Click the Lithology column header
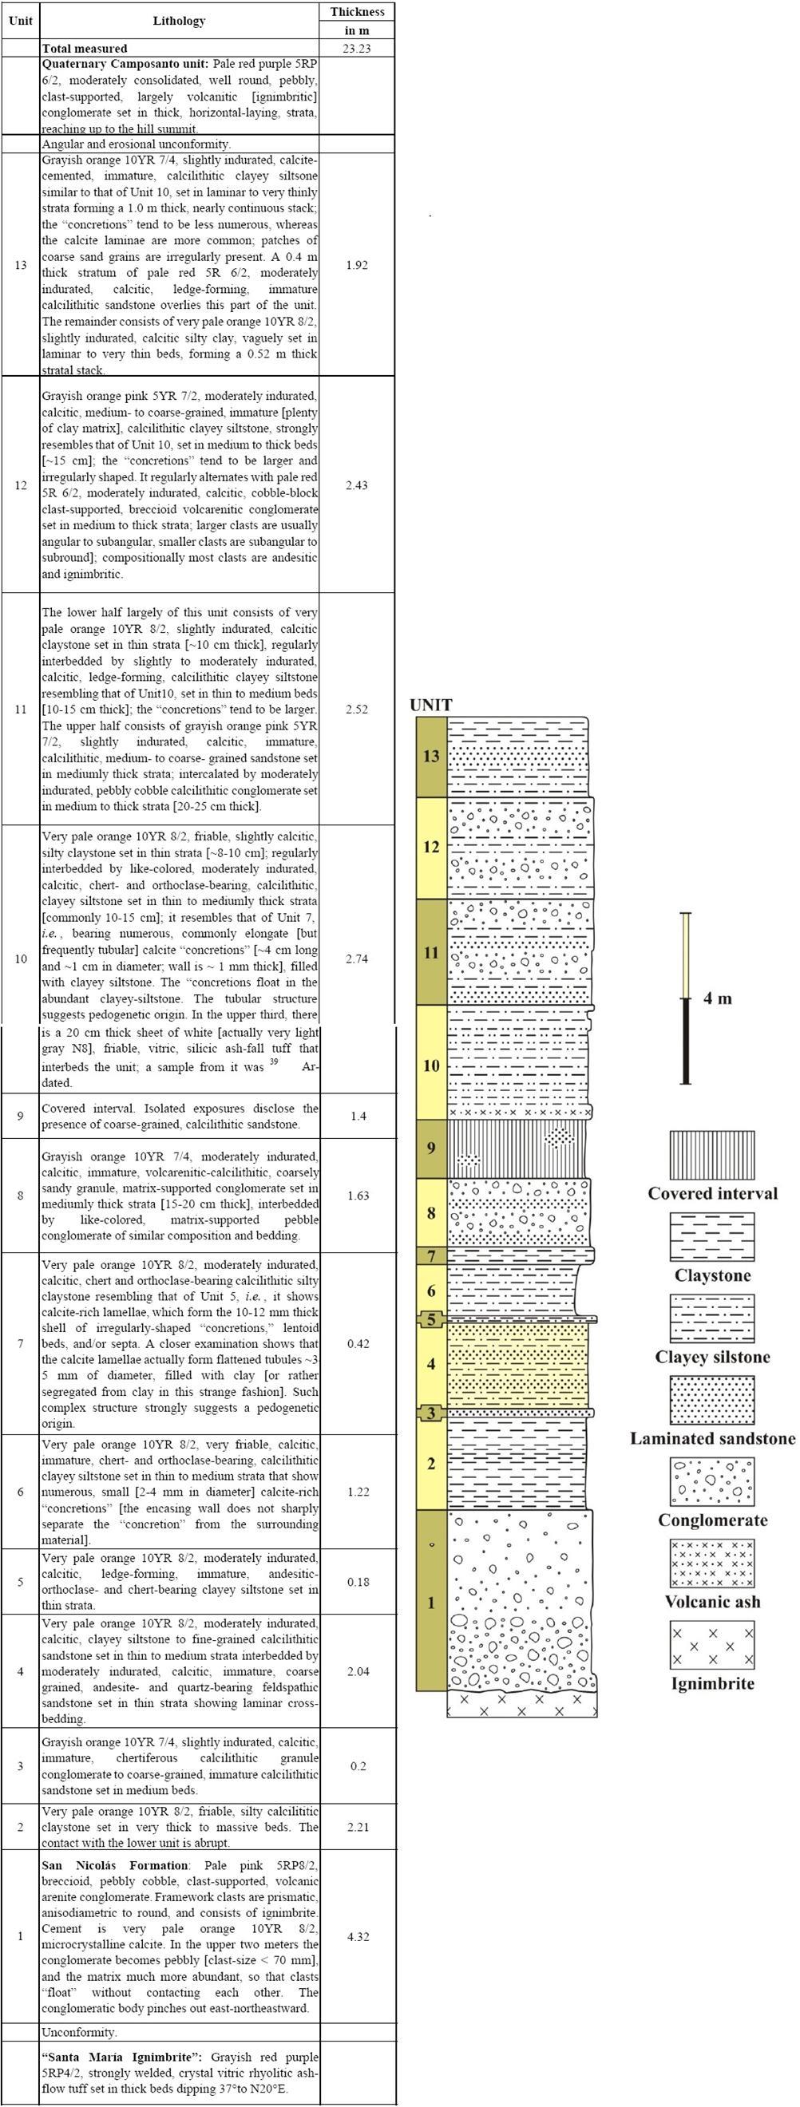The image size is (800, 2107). tap(178, 21)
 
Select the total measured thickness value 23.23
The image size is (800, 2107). tap(357, 48)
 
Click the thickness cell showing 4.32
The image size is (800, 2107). tap(358, 1936)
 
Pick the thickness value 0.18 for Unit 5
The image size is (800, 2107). tap(358, 1581)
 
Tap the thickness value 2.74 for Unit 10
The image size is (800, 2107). tap(357, 959)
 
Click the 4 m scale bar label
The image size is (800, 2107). tap(718, 998)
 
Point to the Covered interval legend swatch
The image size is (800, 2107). tap(711, 1154)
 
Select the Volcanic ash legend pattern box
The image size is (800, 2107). tap(711, 1563)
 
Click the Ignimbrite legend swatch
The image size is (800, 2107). tap(711, 1645)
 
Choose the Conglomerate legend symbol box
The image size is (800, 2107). tap(711, 1481)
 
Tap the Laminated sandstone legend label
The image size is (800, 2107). tap(711, 1439)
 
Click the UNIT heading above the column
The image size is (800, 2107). tap(431, 705)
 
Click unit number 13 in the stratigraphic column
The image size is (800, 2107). tap(431, 756)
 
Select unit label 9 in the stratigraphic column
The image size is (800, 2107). tap(431, 1148)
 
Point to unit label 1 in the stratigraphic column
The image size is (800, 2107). tap(431, 1603)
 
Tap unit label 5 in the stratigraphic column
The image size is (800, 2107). tap(431, 1320)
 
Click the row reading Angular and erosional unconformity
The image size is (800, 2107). tap(137, 144)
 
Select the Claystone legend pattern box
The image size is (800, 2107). tap(711, 1236)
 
